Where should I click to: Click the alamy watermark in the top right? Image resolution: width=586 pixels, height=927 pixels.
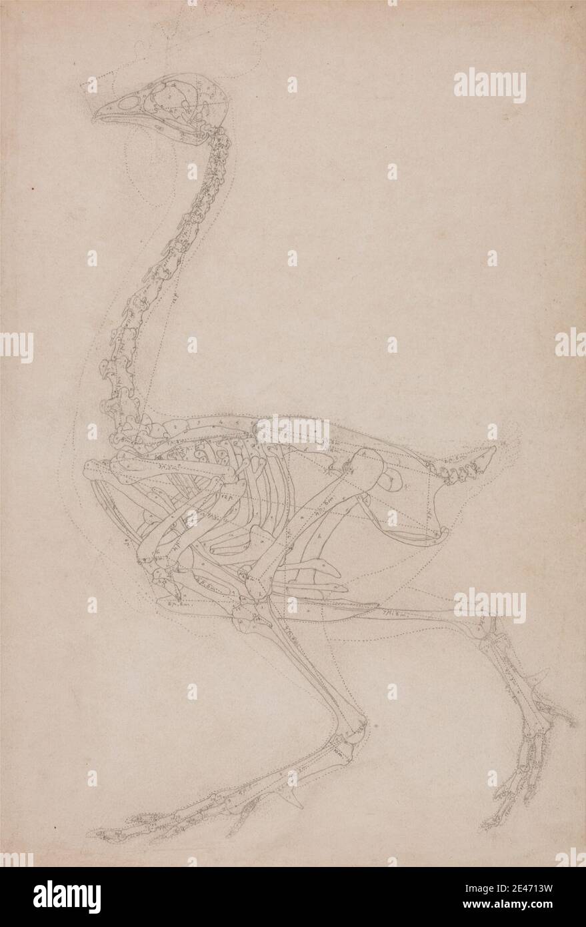click(x=490, y=86)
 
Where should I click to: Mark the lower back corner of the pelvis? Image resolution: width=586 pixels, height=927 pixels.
click(x=440, y=534)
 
